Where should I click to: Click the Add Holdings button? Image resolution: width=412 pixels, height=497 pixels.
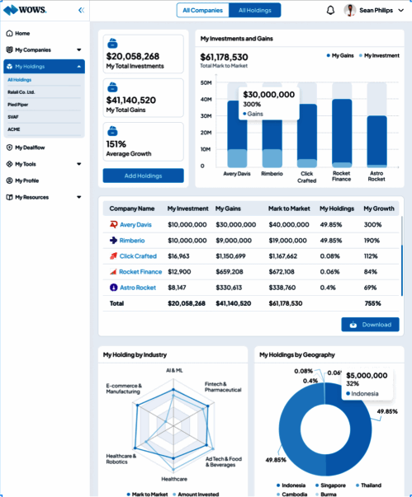pyautogui.click(x=143, y=176)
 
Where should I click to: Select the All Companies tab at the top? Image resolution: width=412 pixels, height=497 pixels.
pyautogui.click(x=202, y=11)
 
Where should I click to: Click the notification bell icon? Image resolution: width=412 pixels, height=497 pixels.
pyautogui.click(x=330, y=11)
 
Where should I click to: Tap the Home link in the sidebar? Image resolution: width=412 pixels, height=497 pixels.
pyautogui.click(x=22, y=33)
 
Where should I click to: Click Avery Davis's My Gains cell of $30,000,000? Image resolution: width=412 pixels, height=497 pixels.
pyautogui.click(x=236, y=225)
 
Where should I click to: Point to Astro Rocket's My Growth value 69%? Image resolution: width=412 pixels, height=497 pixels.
pyautogui.click(x=371, y=288)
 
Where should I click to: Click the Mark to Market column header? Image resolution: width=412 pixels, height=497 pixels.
pyautogui.click(x=289, y=209)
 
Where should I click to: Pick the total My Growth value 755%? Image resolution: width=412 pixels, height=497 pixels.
pyautogui.click(x=372, y=303)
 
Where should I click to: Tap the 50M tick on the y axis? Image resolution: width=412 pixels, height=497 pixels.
pyautogui.click(x=206, y=83)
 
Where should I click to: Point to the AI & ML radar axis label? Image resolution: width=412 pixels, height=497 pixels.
pyautogui.click(x=174, y=370)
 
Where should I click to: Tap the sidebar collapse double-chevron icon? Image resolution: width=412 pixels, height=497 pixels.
pyautogui.click(x=80, y=11)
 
